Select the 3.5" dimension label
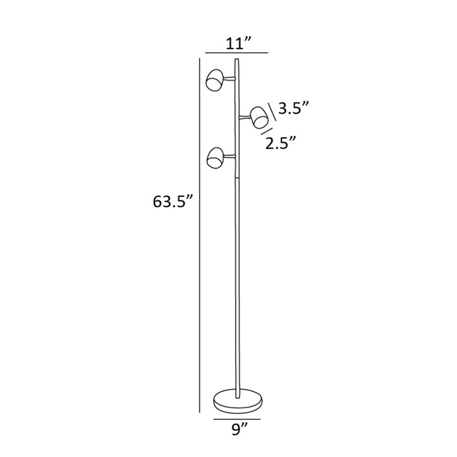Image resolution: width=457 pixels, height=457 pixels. pyautogui.click(x=294, y=108)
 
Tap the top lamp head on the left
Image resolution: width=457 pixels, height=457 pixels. pyautogui.click(x=214, y=81)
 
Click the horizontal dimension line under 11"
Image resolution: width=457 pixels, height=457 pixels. pyautogui.click(x=236, y=53)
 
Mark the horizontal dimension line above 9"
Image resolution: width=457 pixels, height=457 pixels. pyautogui.click(x=237, y=419)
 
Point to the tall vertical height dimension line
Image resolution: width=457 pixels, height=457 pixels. pyautogui.click(x=199, y=235)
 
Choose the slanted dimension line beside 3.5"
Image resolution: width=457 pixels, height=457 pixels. pyautogui.click(x=272, y=111)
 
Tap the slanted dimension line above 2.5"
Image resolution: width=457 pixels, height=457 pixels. pyautogui.click(x=266, y=132)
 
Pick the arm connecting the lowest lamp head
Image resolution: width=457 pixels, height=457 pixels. pyautogui.click(x=229, y=155)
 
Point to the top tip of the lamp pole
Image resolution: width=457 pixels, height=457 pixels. pyautogui.click(x=236, y=60)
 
